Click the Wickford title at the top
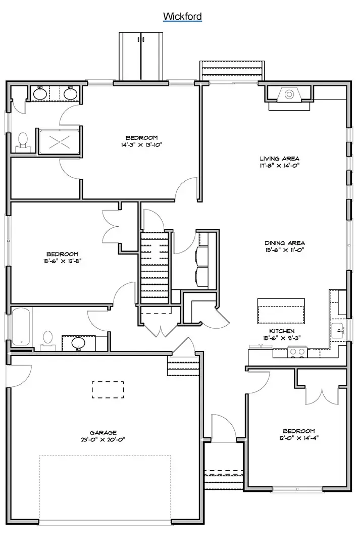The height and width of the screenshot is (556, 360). [182, 17]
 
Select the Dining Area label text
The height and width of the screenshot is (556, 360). [278, 242]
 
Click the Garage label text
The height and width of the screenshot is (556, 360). [103, 432]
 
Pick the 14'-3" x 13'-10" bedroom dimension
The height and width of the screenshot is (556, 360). [141, 144]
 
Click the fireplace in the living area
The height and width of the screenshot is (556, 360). [289, 95]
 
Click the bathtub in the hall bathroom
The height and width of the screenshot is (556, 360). [21, 327]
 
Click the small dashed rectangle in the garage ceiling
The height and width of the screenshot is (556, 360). [108, 389]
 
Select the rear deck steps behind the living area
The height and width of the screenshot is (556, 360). [232, 70]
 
